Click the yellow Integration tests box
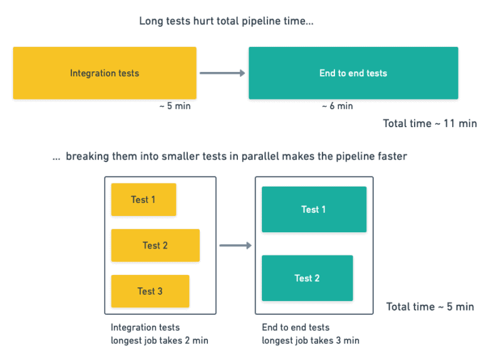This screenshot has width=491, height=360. point(105,73)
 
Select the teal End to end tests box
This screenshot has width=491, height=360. point(353,73)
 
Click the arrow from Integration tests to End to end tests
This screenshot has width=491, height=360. point(222,73)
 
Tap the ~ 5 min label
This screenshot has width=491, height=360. point(175,106)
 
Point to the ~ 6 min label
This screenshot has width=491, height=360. point(337,106)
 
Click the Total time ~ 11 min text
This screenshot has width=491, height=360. point(430,123)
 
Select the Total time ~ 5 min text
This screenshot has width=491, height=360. point(430,307)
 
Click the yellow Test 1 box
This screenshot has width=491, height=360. point(143,200)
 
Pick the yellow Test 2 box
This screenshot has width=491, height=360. point(155,245)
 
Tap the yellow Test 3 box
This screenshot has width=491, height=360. point(150,291)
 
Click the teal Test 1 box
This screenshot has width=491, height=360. point(314,210)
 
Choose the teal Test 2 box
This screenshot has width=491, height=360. point(307,278)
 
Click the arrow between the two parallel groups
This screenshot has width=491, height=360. point(235,245)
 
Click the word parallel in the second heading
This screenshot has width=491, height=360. point(260,157)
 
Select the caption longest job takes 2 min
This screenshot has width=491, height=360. point(159,341)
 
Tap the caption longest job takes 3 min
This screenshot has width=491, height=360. point(311,341)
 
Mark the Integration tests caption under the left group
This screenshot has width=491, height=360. point(145,327)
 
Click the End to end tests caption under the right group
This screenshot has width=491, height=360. point(296,327)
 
